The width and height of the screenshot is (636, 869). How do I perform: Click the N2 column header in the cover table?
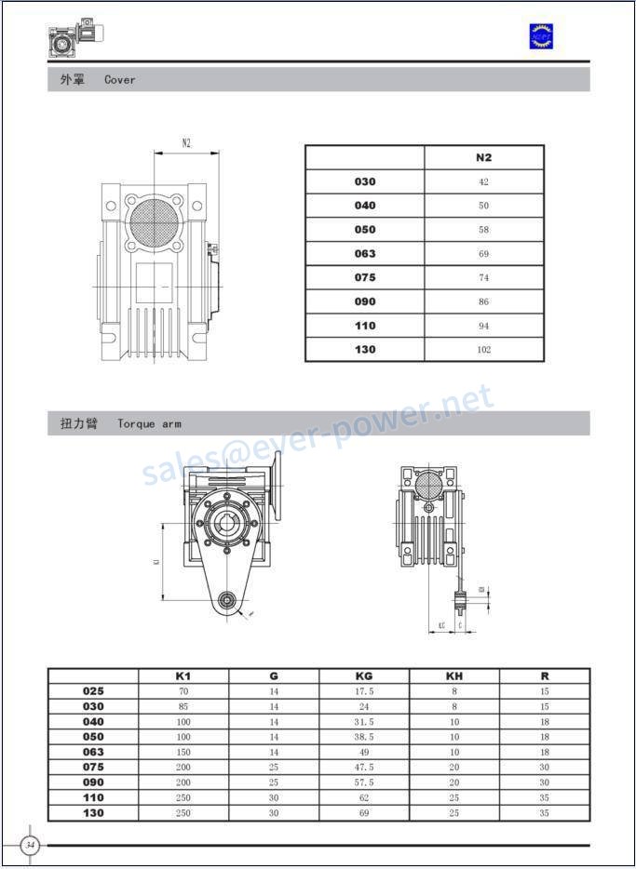(483, 157)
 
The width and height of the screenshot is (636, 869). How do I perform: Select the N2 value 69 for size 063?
(483, 254)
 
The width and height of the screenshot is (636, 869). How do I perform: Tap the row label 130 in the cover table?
(365, 350)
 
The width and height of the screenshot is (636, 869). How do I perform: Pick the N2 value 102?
(483, 350)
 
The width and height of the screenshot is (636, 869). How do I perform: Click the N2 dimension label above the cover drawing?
(186, 143)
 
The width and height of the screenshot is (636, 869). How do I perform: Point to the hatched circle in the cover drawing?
(153, 221)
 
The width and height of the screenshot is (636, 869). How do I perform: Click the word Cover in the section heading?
(120, 80)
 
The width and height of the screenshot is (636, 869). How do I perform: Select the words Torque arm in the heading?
(149, 424)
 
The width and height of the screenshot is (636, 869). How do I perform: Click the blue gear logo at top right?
(541, 36)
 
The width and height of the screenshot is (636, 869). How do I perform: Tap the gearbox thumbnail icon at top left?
(74, 39)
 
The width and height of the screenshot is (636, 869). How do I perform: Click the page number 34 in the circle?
(31, 845)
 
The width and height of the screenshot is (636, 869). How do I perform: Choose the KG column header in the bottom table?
(364, 676)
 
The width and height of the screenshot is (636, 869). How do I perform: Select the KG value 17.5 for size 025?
(364, 691)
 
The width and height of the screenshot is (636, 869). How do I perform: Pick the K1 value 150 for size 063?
(183, 752)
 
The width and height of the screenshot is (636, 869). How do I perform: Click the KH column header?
(454, 676)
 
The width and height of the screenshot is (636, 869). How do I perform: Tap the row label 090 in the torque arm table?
(93, 782)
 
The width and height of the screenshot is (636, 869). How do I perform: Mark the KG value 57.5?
(364, 782)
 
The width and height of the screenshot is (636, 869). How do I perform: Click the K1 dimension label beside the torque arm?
(156, 561)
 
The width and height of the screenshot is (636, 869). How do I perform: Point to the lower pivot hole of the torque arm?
(226, 601)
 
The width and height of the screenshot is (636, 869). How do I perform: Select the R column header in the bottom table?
(545, 676)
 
